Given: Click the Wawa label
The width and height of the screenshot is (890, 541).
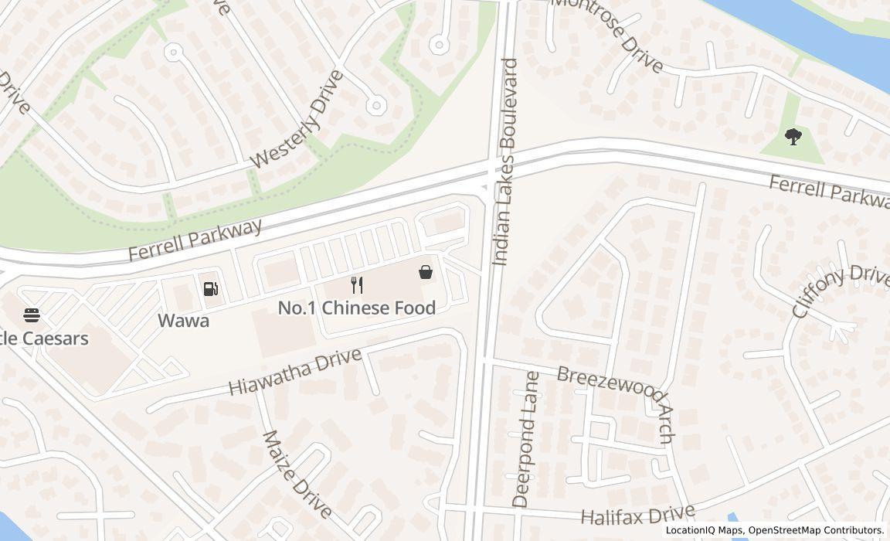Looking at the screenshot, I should [x=183, y=320].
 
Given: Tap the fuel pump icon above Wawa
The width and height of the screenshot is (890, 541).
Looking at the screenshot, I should [x=210, y=289].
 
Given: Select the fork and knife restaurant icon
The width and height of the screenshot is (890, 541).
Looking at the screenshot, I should [x=356, y=285].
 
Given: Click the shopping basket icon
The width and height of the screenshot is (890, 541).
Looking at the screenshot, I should [x=426, y=272].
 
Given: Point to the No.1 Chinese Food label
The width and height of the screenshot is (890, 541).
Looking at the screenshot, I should [x=356, y=308].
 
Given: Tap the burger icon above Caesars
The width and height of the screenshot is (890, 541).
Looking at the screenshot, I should [x=32, y=315].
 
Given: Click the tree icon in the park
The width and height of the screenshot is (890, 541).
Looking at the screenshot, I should [x=793, y=138].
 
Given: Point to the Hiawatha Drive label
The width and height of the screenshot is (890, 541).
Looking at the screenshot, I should [x=295, y=372].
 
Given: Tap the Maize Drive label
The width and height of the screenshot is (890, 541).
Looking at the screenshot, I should [x=297, y=474].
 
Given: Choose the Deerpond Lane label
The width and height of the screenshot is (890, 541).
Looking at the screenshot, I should [x=526, y=439].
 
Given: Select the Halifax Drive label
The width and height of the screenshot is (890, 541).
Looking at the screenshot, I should [x=637, y=516].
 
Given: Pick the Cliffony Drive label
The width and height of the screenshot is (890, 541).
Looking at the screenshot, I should [x=840, y=291].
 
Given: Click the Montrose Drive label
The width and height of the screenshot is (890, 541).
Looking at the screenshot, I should [x=608, y=35].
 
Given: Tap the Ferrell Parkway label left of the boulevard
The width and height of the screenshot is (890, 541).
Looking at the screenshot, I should [x=195, y=240].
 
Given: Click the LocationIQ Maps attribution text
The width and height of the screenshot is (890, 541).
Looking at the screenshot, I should [x=704, y=530].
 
